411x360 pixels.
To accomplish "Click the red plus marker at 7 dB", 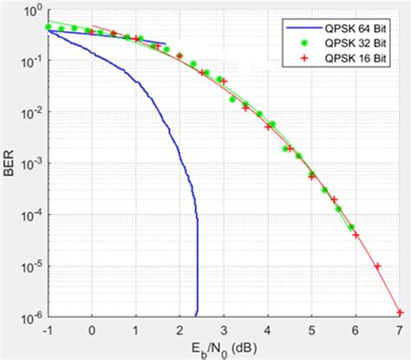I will [399, 311].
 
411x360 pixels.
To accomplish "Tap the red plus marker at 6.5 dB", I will [377, 266].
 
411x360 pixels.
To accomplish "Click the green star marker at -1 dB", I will [49, 27].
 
